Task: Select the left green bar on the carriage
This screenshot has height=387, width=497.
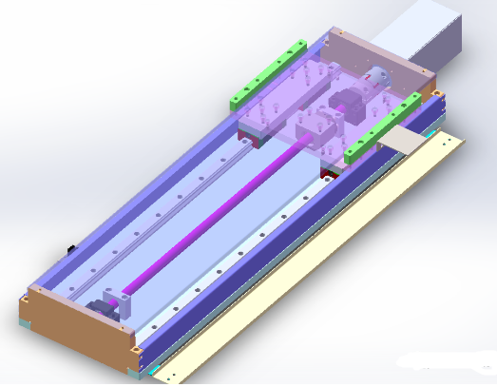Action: [267, 72]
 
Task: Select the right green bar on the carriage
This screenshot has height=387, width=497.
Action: [384, 124]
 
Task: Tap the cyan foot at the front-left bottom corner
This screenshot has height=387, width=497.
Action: [26, 325]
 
